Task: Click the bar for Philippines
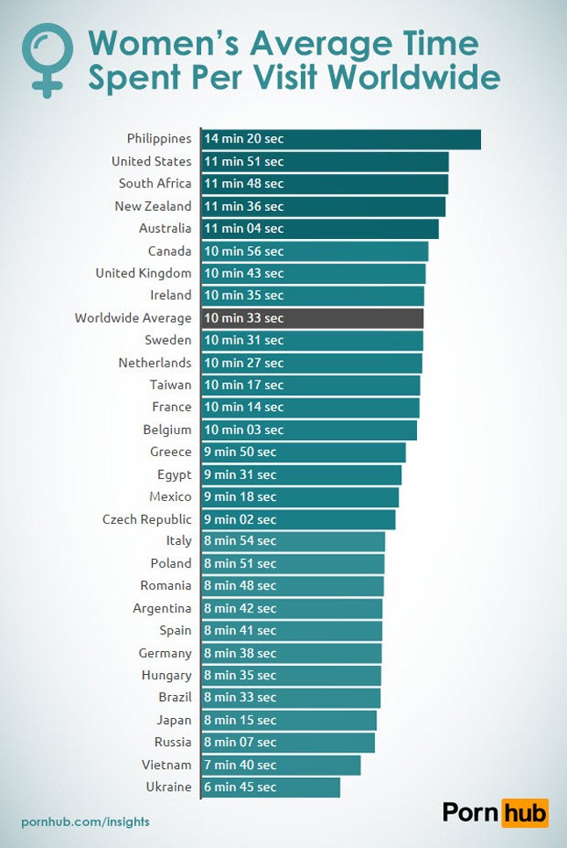coord(341,139)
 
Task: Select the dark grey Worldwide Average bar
coord(312,318)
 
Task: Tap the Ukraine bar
coord(270,787)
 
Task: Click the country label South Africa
coord(154,184)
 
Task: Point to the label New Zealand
coord(153,206)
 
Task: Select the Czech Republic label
coord(147,519)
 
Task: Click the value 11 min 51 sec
coord(244,162)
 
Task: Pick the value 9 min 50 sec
coord(240,452)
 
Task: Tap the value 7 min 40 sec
coord(240,765)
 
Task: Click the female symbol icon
coord(45,57)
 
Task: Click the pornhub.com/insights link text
coord(85,822)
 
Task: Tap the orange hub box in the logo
coord(525,813)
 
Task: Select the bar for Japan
coord(289,721)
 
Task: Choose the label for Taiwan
coord(170,385)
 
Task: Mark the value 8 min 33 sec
coord(240,698)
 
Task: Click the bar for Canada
coord(314,251)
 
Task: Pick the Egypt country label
coord(174,475)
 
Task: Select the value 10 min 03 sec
coord(244,430)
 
